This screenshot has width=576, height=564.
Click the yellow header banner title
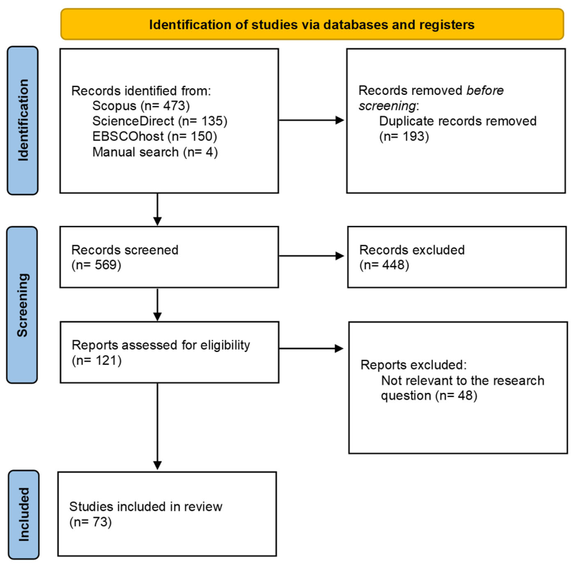(x=312, y=24)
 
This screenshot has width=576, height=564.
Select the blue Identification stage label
(x=23, y=120)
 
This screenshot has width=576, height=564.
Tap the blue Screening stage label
(x=22, y=305)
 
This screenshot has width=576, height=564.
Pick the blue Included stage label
(x=24, y=515)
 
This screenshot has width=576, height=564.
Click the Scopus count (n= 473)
(x=165, y=106)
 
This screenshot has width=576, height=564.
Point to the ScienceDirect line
(x=160, y=121)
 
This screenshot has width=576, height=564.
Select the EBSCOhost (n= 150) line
(x=155, y=136)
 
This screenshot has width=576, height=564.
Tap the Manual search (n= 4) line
(x=155, y=152)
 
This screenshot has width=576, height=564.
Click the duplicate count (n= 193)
(x=404, y=136)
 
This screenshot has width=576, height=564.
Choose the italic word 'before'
(x=485, y=90)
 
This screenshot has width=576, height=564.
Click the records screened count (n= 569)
(x=96, y=265)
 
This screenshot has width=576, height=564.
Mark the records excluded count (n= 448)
(x=384, y=265)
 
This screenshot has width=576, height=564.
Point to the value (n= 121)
(x=97, y=361)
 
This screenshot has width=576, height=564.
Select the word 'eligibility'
(x=225, y=345)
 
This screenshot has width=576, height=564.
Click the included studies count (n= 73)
(x=90, y=522)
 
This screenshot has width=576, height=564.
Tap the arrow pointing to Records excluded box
(x=312, y=256)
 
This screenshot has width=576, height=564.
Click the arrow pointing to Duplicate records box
(x=312, y=120)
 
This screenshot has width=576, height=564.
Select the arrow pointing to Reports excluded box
(x=312, y=348)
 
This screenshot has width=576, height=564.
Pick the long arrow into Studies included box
(x=157, y=426)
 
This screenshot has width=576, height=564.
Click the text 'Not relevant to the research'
(x=463, y=381)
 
